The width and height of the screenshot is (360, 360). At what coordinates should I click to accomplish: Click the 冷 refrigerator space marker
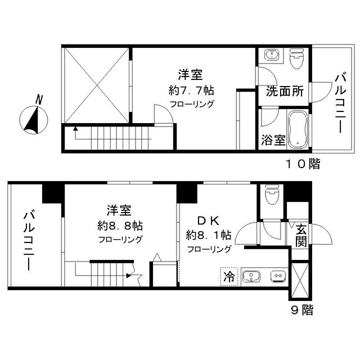pyautogui.click(x=229, y=277)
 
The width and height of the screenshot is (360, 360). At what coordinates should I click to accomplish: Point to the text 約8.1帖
pyautogui.click(x=209, y=235)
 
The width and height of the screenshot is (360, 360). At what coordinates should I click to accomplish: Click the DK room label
pyautogui.click(x=204, y=220)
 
